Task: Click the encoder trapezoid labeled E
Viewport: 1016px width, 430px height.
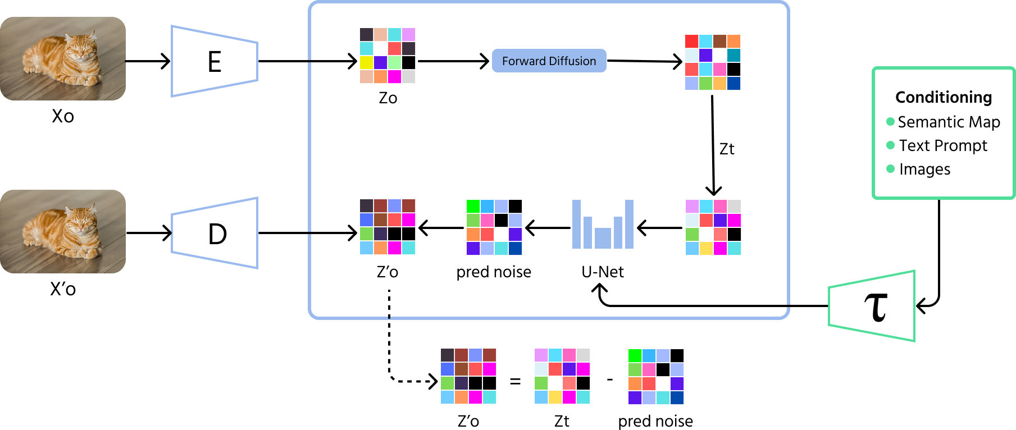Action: point(215,61)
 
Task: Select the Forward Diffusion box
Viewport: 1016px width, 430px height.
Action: point(549,61)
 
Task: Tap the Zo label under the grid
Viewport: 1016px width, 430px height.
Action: point(388,98)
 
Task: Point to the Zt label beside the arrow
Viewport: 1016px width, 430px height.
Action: point(727,149)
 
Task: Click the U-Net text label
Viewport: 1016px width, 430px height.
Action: point(603,272)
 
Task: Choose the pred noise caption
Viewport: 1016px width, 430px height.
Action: point(494,272)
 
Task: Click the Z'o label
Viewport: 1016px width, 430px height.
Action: point(388,272)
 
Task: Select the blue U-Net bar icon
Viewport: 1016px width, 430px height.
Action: point(603,225)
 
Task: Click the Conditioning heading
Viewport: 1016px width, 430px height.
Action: point(944,97)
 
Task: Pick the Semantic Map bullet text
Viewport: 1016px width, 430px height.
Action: point(949,122)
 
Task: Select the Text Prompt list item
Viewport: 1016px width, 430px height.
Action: point(943,145)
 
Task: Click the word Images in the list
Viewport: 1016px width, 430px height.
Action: point(924,169)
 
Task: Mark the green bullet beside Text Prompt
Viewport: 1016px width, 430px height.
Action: point(890,145)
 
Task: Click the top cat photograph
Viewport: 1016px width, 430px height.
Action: point(63,58)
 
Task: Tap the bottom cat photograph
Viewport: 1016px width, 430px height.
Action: point(63,231)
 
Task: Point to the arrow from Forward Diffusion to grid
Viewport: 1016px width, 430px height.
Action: point(644,61)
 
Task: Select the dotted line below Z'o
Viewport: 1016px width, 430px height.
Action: point(389,304)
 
